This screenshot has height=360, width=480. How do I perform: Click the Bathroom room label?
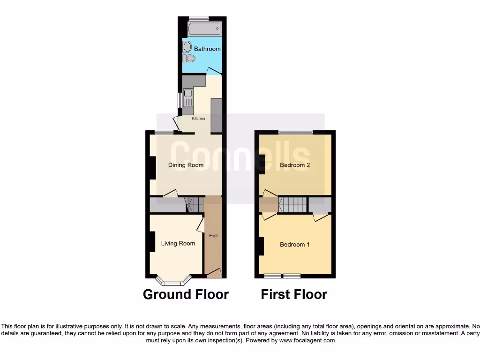click(207, 49)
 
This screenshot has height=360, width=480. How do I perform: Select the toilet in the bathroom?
click(189, 58)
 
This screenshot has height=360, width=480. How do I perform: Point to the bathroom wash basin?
click(187, 46)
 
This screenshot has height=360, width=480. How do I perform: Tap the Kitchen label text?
click(198, 119)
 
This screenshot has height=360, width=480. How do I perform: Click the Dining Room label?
click(186, 165)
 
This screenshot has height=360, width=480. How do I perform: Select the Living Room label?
click(178, 243)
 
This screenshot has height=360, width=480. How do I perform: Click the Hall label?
click(213, 236)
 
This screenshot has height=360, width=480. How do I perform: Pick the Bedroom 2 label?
click(295, 165)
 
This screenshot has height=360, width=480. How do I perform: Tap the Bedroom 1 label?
click(294, 245)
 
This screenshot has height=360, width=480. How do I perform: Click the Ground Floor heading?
click(186, 294)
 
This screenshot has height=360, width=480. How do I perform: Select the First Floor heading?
click(294, 294)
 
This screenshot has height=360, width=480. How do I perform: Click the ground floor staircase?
click(194, 204)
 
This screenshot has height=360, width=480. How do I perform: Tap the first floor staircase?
click(293, 204)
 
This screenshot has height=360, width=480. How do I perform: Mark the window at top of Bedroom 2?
click(295, 133)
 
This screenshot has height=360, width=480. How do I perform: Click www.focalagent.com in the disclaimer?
click(307, 340)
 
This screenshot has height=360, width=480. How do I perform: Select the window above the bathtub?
click(199, 18)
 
